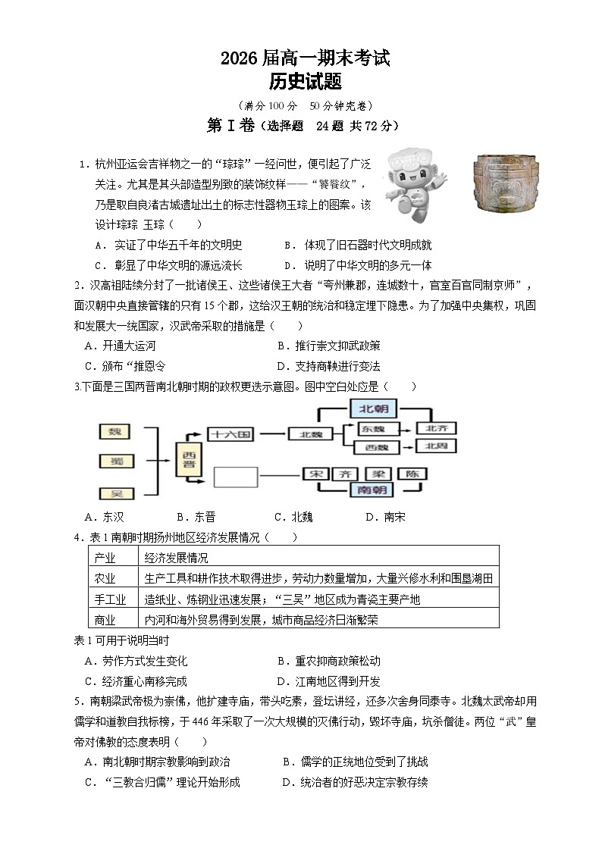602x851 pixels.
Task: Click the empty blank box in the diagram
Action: tap(236, 477)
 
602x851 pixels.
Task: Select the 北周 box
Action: tap(436, 447)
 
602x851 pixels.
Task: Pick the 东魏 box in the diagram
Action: tap(372, 428)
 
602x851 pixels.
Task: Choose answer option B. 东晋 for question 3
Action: tap(195, 517)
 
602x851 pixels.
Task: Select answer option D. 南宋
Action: tap(385, 517)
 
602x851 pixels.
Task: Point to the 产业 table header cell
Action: tap(105, 558)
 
